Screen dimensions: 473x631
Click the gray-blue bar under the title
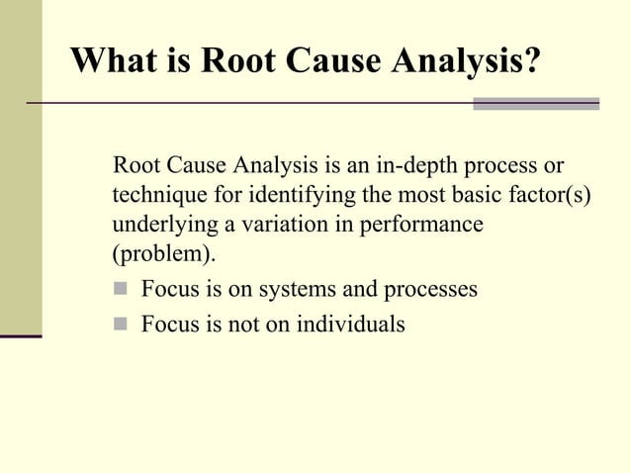pyautogui.click(x=536, y=103)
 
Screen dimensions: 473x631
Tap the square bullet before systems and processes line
pyautogui.click(x=122, y=291)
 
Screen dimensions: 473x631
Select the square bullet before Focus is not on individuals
pyautogui.click(x=122, y=324)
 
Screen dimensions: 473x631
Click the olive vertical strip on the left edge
pyautogui.click(x=20, y=168)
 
